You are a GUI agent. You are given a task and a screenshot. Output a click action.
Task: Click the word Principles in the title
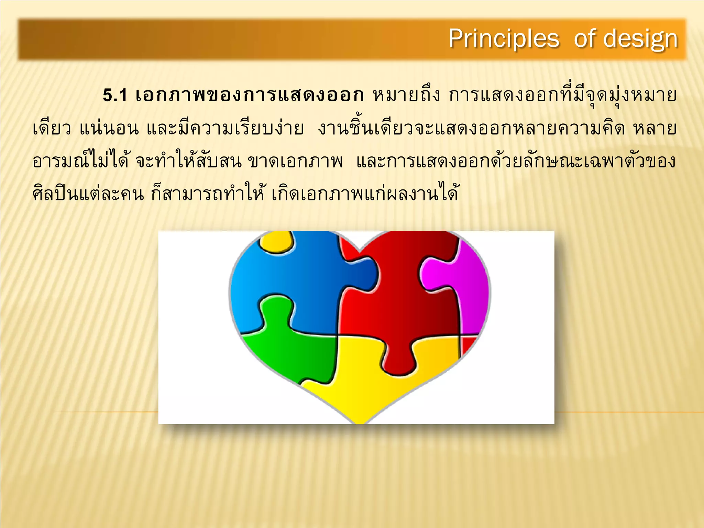pos(504,38)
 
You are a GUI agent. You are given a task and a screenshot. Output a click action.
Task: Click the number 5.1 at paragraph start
pos(115,96)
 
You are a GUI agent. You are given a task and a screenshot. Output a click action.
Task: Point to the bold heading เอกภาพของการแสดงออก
pos(249,96)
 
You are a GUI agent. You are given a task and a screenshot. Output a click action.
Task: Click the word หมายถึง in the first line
pos(406,96)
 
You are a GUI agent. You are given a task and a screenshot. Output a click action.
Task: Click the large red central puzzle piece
pos(402,302)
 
